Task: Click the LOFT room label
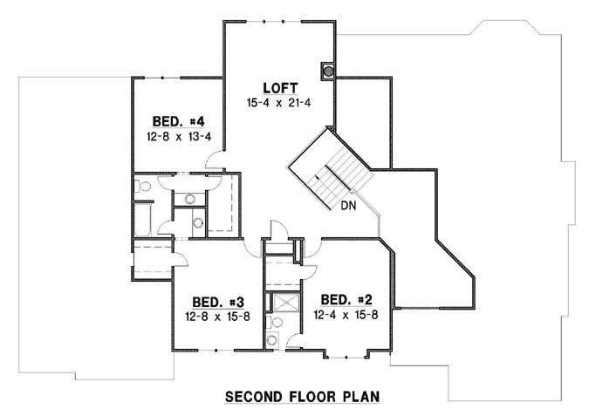(x=280, y=88)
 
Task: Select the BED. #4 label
(x=178, y=122)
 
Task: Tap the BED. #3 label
(x=217, y=302)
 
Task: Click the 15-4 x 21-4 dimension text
(x=280, y=103)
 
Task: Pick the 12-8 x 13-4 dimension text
(x=178, y=137)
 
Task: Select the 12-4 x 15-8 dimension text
(x=347, y=315)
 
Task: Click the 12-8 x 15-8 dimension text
(x=217, y=316)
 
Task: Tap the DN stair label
(x=346, y=206)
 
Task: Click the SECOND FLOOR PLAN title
(x=303, y=397)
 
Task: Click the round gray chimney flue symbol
(x=329, y=69)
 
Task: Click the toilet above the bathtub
(x=144, y=186)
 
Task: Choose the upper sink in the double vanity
(x=190, y=199)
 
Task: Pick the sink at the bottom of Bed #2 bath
(x=273, y=340)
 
